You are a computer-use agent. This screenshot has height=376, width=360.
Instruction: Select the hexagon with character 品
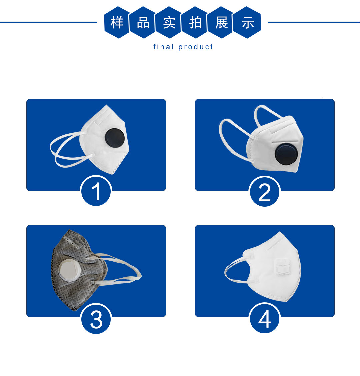tap(143, 23)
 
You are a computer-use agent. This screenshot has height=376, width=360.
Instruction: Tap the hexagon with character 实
tap(169, 23)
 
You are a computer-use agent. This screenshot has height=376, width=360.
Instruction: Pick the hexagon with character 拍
tap(195, 23)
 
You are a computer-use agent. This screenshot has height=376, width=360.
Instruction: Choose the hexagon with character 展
tap(221, 23)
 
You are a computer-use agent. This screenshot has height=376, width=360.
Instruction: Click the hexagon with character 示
tap(247, 23)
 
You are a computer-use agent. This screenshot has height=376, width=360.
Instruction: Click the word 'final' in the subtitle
tap(163, 47)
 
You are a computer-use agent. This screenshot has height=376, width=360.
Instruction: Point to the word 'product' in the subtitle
tap(196, 47)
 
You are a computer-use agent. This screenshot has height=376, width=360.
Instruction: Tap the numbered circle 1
tap(96, 191)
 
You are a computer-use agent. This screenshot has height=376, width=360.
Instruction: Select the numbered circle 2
tap(265, 191)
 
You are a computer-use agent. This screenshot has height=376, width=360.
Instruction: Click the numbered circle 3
tap(96, 319)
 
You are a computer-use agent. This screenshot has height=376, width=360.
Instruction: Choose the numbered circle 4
tap(265, 318)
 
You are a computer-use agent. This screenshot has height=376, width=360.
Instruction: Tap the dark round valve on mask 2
tap(286, 154)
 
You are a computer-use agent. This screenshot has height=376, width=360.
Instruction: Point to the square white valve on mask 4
tap(283, 266)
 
